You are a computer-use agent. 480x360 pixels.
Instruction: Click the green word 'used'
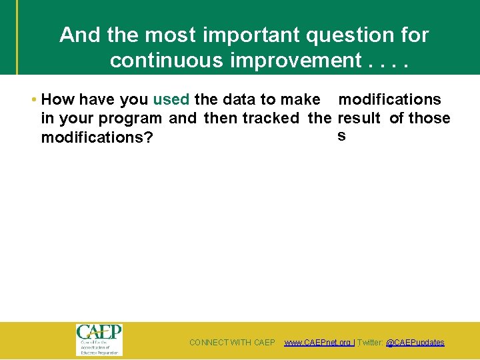pos(171,100)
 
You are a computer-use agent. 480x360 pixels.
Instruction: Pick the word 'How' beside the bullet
pos(57,100)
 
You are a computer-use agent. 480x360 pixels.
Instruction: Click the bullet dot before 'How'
pos(34,100)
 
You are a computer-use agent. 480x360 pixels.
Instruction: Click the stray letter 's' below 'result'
pos(341,136)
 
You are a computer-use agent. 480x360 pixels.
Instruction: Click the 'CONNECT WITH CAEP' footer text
pos(232,343)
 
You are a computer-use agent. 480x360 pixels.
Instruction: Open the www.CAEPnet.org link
pos(318,343)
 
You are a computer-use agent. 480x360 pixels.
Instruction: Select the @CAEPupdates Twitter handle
pos(415,343)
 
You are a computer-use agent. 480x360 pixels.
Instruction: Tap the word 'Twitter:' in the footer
pos(371,343)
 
